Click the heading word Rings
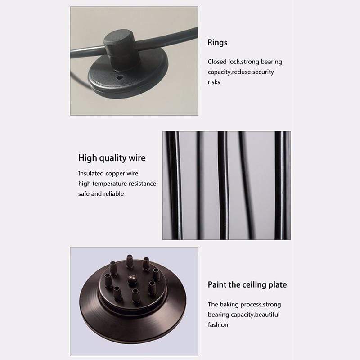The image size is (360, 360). point(217,43)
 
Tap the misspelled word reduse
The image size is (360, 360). point(241,72)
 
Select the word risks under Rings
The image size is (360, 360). point(214,82)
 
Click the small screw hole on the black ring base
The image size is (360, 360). point(119,77)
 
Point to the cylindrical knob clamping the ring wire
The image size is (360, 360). point(120,49)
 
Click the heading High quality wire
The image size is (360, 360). point(112,158)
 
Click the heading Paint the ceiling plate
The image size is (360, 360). point(247,285)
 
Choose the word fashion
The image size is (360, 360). point(218,324)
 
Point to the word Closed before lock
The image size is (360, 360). point(217,62)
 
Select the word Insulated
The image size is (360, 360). point(91,174)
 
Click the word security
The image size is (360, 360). point(263,72)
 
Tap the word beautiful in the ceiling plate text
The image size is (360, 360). point(267,315)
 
